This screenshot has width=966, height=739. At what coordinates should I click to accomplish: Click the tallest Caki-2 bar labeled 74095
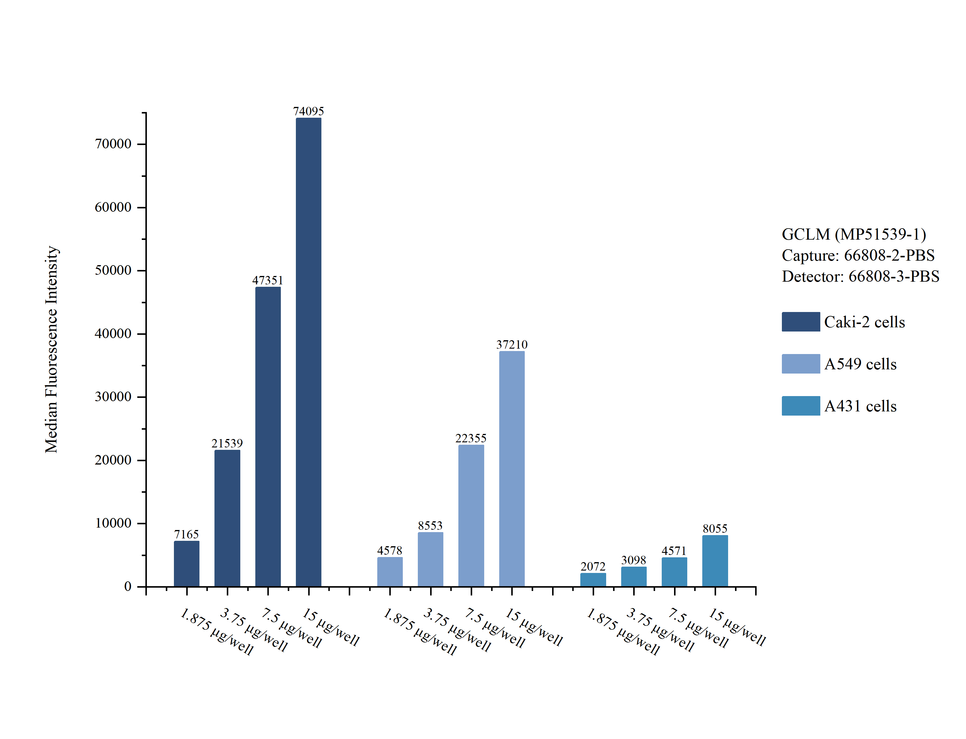coord(308,352)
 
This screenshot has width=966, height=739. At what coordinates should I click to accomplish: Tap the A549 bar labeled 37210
coord(512,468)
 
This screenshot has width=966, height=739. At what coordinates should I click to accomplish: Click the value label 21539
coord(227,443)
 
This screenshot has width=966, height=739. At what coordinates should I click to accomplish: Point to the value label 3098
coord(633,560)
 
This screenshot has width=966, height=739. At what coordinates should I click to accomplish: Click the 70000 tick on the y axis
coord(113,144)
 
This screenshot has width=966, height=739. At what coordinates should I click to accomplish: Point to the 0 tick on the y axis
coord(128,586)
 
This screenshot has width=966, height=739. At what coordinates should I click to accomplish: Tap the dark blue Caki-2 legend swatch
coord(800,322)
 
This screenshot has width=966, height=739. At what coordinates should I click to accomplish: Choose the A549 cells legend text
coord(860,364)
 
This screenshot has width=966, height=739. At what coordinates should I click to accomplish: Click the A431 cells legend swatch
coord(800,406)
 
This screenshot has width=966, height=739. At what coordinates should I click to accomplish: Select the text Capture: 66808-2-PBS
coord(858,255)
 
